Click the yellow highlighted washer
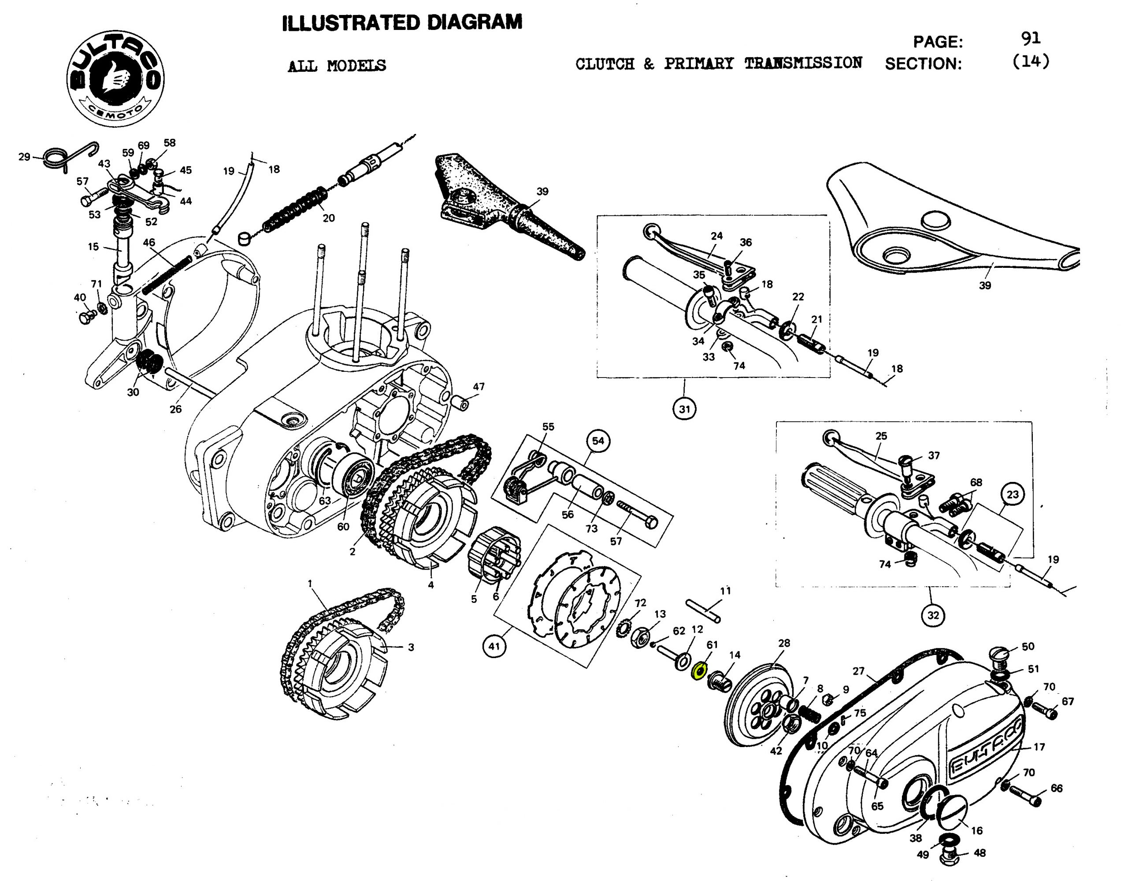[699, 671]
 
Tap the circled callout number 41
[494, 646]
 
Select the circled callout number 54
[597, 440]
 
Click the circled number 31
[684, 409]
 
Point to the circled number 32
[933, 615]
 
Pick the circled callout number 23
[1012, 494]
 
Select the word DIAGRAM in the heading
[474, 23]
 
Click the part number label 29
[24, 156]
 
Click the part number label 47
[479, 386]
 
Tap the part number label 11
[726, 590]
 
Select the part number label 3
[411, 647]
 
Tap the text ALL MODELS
[337, 66]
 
